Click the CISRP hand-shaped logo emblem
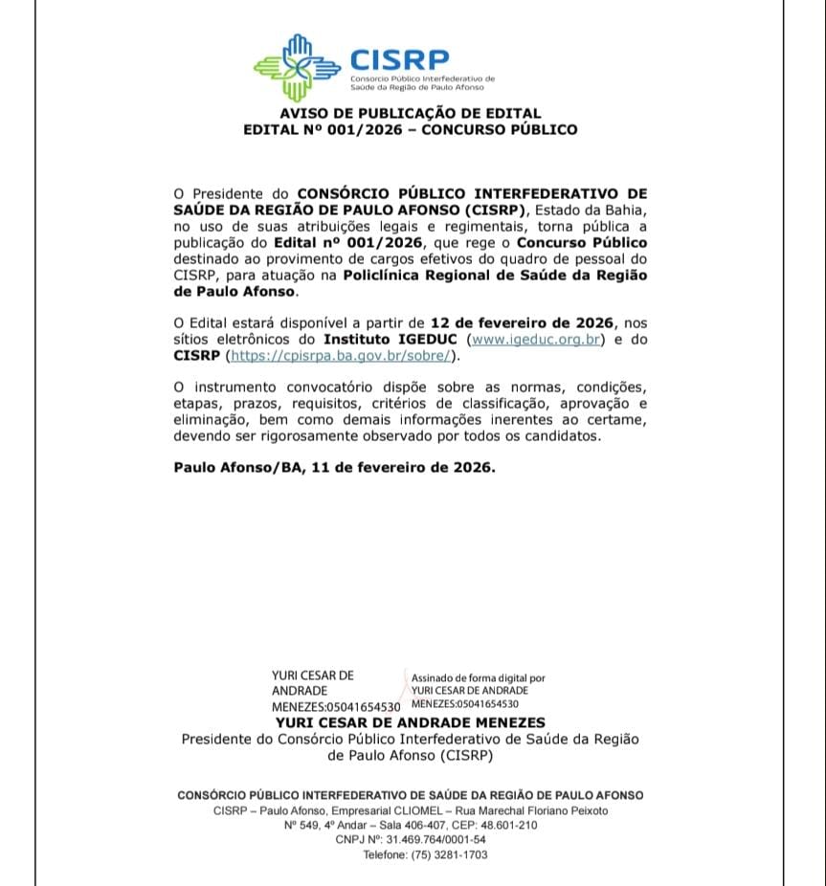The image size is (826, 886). pos(297,69)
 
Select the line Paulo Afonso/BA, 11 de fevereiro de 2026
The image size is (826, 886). pos(334,468)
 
